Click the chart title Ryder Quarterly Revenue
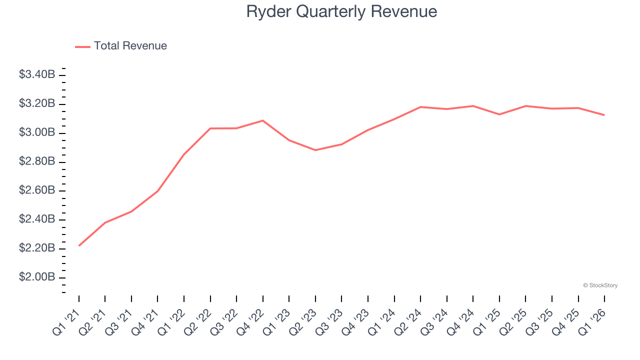341,11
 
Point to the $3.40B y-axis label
37,75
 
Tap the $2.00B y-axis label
37,277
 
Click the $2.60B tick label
37,190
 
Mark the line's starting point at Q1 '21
79,245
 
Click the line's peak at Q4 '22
263,120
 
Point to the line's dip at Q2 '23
315,150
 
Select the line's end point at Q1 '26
604,115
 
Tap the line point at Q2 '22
210,128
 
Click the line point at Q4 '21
158,191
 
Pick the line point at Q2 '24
420,107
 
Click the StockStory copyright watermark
600,285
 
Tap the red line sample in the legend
82,46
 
